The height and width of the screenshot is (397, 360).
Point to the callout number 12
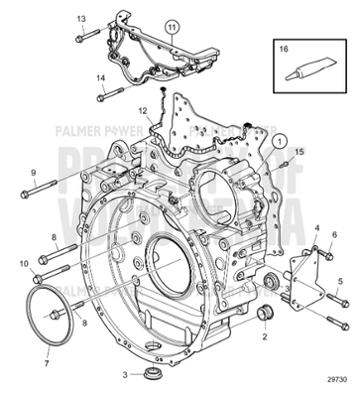coord(143,110)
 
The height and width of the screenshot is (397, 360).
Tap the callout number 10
coord(24,262)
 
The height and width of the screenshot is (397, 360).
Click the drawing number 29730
coord(338,380)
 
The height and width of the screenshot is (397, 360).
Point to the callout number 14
coord(99,78)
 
